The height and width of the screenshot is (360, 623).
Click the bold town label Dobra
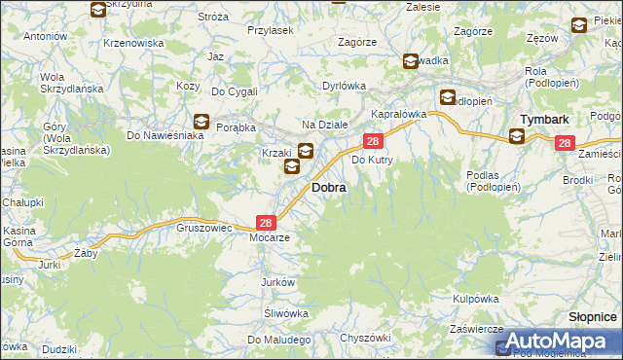coord(328,187)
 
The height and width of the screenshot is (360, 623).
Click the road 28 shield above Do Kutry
coord(373,142)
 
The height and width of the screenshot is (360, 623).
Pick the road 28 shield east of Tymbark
coord(566,143)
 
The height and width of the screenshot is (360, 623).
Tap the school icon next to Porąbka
coord(202,122)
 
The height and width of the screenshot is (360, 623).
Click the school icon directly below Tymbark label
coord(516,136)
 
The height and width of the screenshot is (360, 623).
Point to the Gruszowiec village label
coord(203,227)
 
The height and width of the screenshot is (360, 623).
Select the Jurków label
coord(277,281)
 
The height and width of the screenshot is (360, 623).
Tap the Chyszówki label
coord(365,337)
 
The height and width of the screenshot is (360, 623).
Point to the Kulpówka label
coord(476,299)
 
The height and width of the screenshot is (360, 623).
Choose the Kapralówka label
coord(399,114)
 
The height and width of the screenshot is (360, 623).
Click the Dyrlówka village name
coord(344,86)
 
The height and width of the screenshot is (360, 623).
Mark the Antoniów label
coord(45,36)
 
